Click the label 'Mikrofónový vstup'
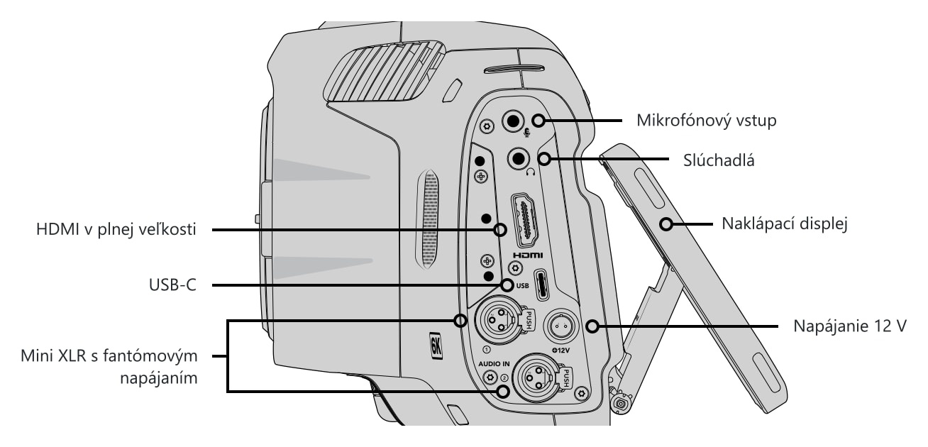point(707,121)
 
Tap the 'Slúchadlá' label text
point(719,160)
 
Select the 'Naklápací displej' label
point(785,223)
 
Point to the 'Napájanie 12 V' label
point(850,326)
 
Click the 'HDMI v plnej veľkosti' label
point(116,229)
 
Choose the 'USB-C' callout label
point(172,285)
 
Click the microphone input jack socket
point(513,121)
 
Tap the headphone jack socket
point(519,158)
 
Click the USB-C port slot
point(542,285)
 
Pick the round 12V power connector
point(560,326)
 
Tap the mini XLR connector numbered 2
point(538,377)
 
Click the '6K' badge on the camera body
point(436,346)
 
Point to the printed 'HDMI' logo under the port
point(528,255)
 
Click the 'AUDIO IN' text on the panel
point(494,364)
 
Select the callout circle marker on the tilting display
point(666,224)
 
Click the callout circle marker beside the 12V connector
point(592,326)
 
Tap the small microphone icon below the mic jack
point(526,133)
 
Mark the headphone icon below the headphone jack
point(530,172)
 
